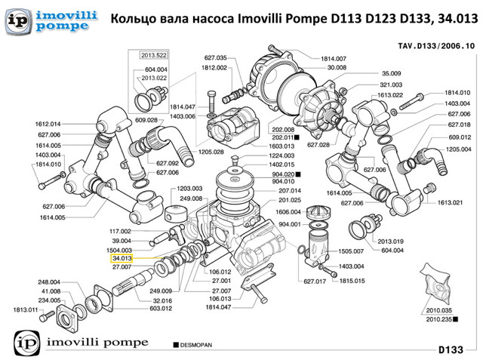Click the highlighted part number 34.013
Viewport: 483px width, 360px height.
122,258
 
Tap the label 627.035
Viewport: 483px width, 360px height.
215,58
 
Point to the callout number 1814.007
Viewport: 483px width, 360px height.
333,58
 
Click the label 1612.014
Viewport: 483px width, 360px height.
48,124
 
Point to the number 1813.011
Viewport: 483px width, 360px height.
26,309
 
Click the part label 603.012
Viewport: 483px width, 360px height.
162,308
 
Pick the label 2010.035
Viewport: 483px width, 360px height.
438,310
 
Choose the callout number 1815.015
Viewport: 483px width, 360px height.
352,280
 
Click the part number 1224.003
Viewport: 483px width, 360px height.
281,155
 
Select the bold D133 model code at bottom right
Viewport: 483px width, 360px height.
456,349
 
